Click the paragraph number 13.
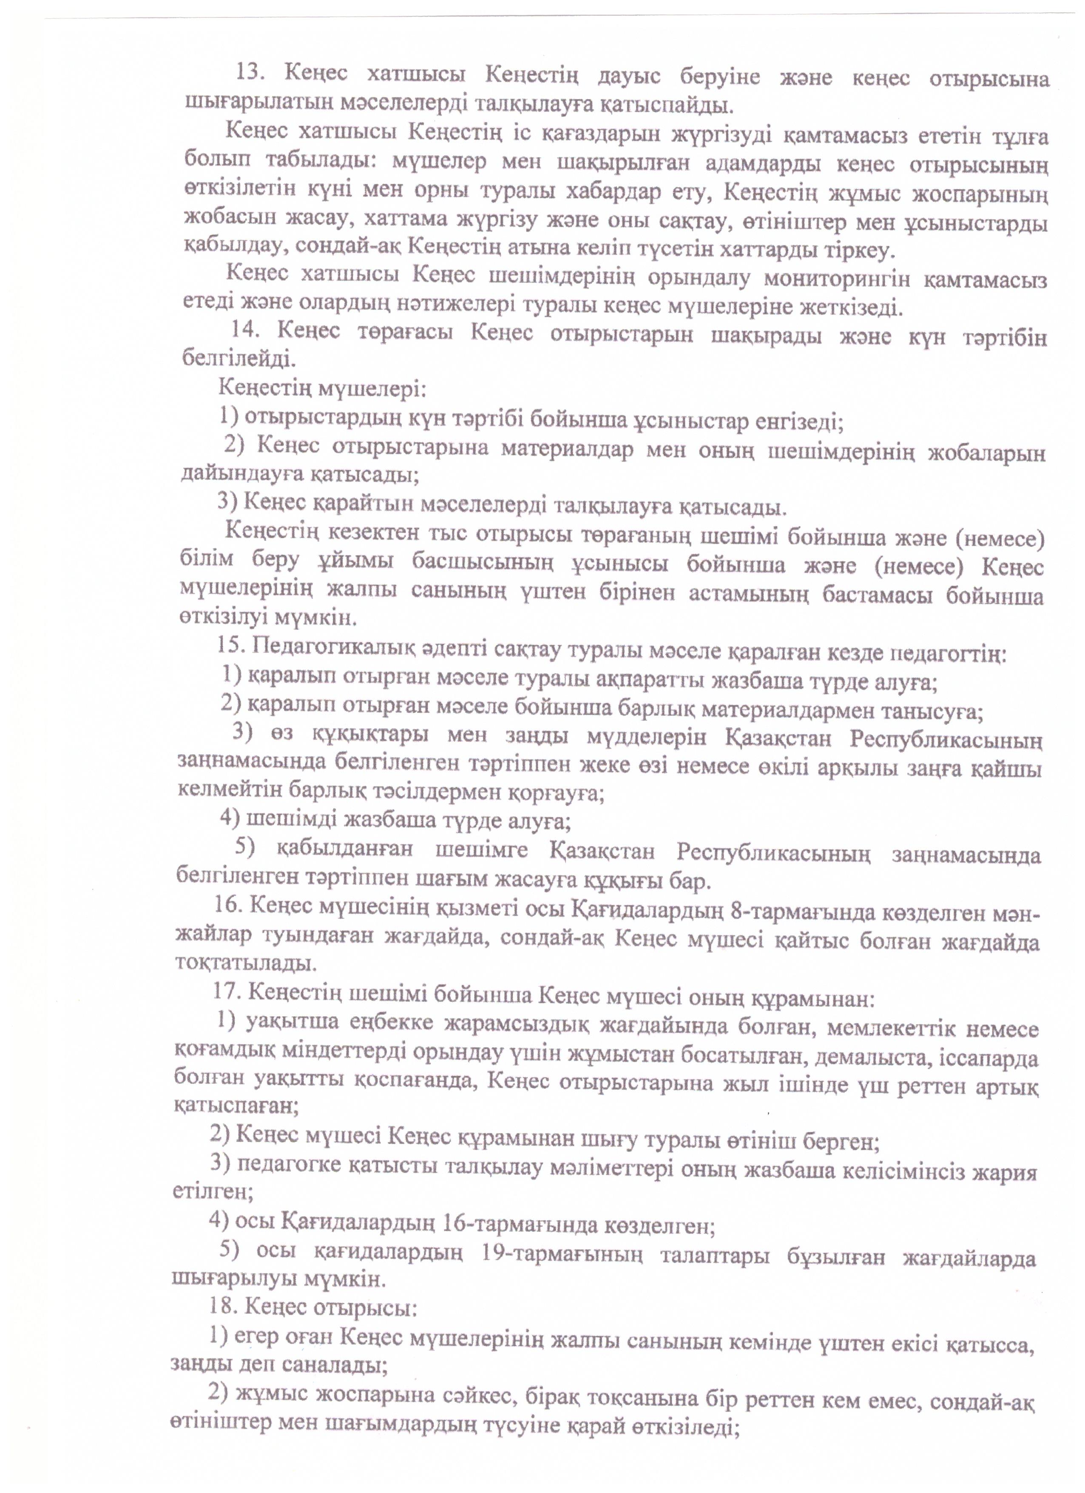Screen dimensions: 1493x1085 [x=250, y=73]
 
